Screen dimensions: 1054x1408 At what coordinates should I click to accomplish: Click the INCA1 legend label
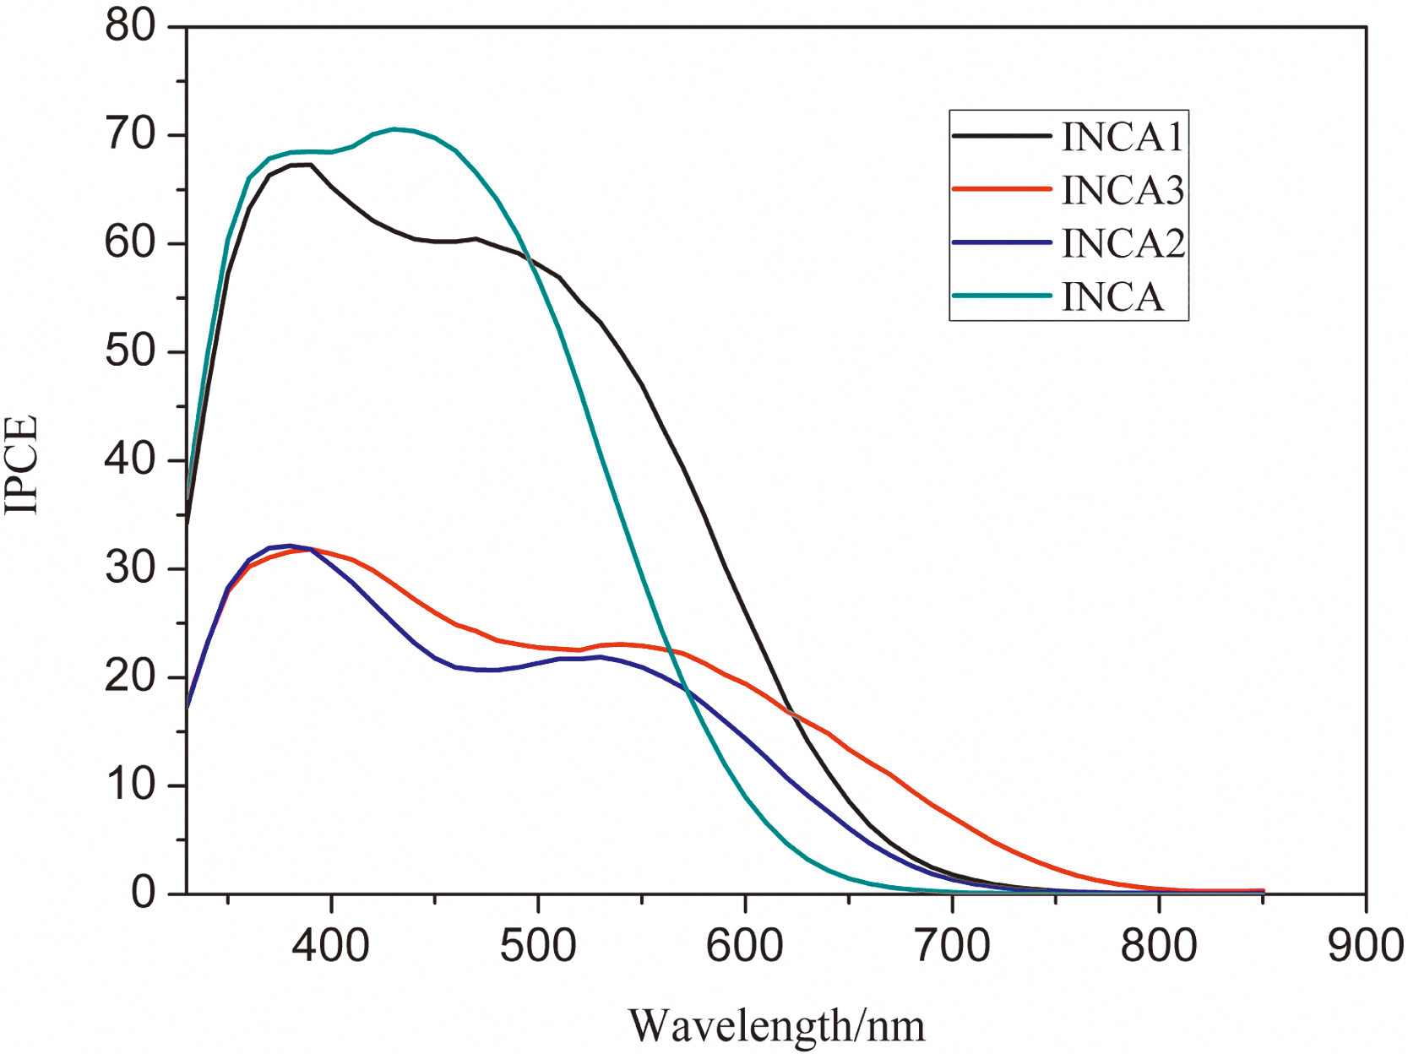pos(1123,137)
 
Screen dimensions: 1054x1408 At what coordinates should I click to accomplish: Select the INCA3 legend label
pos(1123,190)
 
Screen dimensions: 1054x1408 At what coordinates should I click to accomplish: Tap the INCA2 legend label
pos(1123,243)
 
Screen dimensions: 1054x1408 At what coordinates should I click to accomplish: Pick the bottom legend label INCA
pos(1112,297)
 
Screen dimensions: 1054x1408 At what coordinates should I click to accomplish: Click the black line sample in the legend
pos(1002,136)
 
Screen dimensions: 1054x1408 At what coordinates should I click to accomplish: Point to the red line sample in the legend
pos(1002,189)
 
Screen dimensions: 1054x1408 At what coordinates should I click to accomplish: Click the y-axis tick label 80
pos(131,26)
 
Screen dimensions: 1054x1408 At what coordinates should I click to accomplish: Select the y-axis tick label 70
pos(131,135)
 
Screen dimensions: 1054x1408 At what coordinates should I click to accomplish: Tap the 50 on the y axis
pos(131,352)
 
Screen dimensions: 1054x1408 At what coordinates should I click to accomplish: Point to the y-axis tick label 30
pos(131,568)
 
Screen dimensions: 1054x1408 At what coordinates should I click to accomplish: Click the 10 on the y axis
pos(131,785)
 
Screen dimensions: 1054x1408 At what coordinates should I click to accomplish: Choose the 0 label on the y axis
pos(144,893)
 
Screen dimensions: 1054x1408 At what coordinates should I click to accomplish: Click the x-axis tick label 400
pos(331,945)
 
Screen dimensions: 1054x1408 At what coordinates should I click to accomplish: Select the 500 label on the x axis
pos(538,945)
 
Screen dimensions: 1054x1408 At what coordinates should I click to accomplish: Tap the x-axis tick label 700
pos(952,945)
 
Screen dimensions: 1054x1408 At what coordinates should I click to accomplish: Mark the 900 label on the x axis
pos(1365,945)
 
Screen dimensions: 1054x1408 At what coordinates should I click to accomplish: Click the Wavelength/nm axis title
pos(776,1026)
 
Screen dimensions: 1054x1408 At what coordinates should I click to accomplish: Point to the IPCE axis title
pos(23,464)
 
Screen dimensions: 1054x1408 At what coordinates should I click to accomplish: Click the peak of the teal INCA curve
pos(394,129)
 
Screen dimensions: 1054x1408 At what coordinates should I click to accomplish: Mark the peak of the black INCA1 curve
pos(302,165)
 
